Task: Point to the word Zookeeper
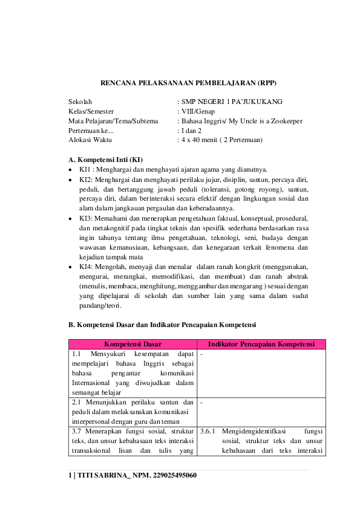click(284, 121)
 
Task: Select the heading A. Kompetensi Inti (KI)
click(106, 160)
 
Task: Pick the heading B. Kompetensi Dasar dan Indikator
click(162, 325)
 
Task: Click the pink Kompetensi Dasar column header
click(133, 344)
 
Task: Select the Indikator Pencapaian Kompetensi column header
click(261, 344)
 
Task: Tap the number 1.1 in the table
click(77, 354)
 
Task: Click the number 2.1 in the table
click(77, 403)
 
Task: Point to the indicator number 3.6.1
click(208, 432)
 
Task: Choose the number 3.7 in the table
click(77, 432)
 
